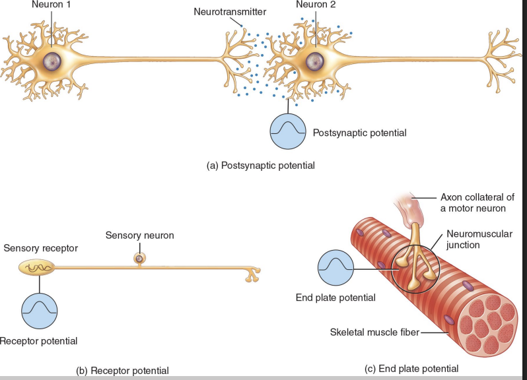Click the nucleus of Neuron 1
click(52, 62)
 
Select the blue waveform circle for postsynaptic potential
click(289, 129)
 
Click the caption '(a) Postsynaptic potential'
click(261, 165)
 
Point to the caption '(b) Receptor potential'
click(122, 370)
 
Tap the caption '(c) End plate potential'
click(411, 368)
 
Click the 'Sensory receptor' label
click(40, 248)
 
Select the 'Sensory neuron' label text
click(139, 235)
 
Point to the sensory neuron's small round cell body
click(139, 259)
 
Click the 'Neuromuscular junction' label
click(479, 239)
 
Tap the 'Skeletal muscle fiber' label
click(374, 332)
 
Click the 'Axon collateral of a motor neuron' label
click(477, 202)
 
